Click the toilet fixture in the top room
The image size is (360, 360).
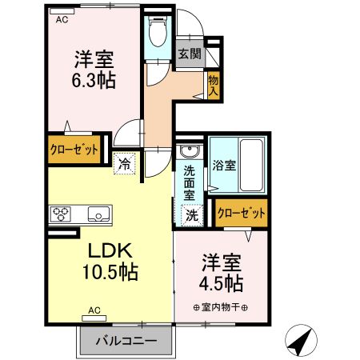coord(158,34)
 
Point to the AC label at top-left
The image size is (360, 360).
coord(62,22)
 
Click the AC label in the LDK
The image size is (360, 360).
coord(94,310)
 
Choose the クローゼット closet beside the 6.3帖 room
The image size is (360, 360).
coord(75,149)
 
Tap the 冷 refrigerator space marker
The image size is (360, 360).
coord(126,163)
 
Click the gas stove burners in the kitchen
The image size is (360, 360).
coord(61,214)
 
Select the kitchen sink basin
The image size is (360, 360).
coord(99,214)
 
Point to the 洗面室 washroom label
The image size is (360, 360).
coord(189,182)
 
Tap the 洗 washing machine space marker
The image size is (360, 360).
coord(192,214)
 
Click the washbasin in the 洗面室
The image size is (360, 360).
coord(190,152)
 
